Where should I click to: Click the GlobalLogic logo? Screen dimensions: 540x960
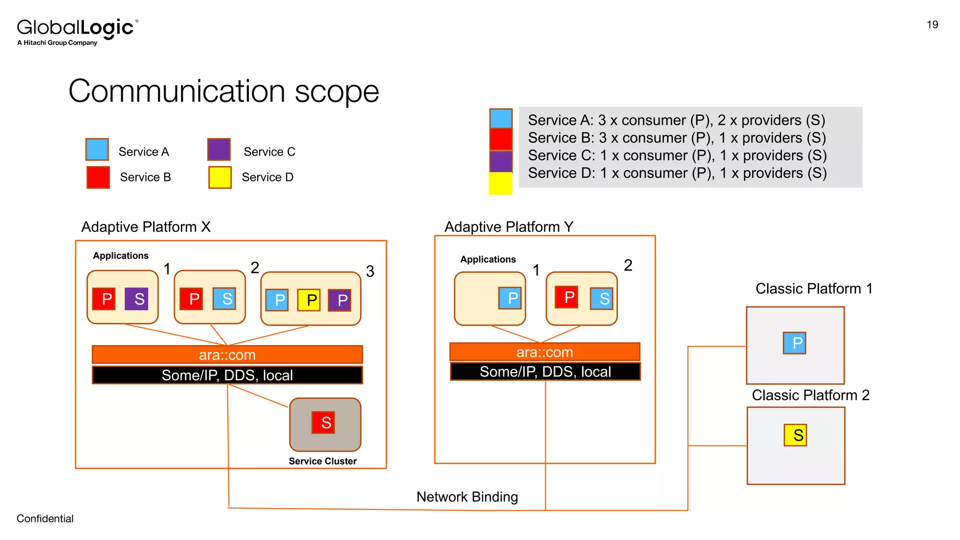[x=77, y=31]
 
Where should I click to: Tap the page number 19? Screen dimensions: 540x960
[x=932, y=25]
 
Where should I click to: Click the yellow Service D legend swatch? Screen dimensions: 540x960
[x=220, y=177]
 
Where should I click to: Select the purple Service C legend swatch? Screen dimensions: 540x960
[x=219, y=150]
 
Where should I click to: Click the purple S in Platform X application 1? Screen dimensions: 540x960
[x=136, y=299]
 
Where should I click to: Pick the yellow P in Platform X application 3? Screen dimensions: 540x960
[x=309, y=300]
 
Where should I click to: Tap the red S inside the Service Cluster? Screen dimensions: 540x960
[x=323, y=422]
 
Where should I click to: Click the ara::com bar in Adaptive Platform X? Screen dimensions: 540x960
[x=227, y=355]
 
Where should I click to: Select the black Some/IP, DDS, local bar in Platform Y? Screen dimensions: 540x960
[x=545, y=372]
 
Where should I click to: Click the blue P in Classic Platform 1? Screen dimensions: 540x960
[x=795, y=343]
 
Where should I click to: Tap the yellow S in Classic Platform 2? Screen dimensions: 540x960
[x=795, y=435]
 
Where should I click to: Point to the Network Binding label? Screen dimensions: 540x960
[x=467, y=497]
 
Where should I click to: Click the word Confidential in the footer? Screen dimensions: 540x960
[x=45, y=518]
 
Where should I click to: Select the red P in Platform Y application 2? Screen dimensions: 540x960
[x=566, y=297]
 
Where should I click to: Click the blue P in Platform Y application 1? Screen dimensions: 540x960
[x=510, y=298]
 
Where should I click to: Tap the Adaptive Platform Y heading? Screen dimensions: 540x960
[x=509, y=227]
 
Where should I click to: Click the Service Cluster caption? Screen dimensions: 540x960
[x=322, y=461]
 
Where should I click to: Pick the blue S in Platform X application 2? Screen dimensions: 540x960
[x=225, y=299]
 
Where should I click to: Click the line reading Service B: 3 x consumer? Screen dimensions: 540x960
[x=676, y=138]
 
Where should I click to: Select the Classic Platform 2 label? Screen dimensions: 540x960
[x=810, y=395]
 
